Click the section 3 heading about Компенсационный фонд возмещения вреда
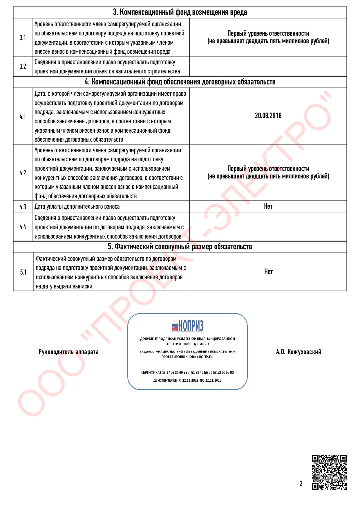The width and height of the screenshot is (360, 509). tap(180, 12)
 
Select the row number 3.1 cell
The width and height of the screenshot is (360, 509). tap(23, 37)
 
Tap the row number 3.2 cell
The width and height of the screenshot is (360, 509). tap(23, 66)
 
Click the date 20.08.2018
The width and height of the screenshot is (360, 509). tap(268, 115)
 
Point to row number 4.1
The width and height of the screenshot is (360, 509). tap(23, 116)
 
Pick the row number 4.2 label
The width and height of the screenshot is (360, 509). tap(23, 173)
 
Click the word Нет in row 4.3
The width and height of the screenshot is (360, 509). tap(268, 206)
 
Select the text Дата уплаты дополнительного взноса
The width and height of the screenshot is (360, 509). tap(77, 207)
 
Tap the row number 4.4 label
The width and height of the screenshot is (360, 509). tap(23, 227)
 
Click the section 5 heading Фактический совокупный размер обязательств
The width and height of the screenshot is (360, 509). tap(180, 247)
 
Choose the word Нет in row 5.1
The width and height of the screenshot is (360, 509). tap(268, 272)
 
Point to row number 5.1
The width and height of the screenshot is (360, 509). tap(23, 272)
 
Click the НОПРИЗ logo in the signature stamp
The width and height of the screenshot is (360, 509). tap(187, 326)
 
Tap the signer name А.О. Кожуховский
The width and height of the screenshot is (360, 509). tap(299, 352)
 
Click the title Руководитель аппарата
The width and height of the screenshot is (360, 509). tap(68, 352)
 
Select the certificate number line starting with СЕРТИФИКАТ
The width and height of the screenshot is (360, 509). tap(187, 372)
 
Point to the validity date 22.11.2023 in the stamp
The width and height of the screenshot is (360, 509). tap(213, 380)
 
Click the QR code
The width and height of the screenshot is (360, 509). tap(330, 472)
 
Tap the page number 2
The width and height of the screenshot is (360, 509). tap(301, 483)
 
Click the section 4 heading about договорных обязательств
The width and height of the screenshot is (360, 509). tap(180, 82)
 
